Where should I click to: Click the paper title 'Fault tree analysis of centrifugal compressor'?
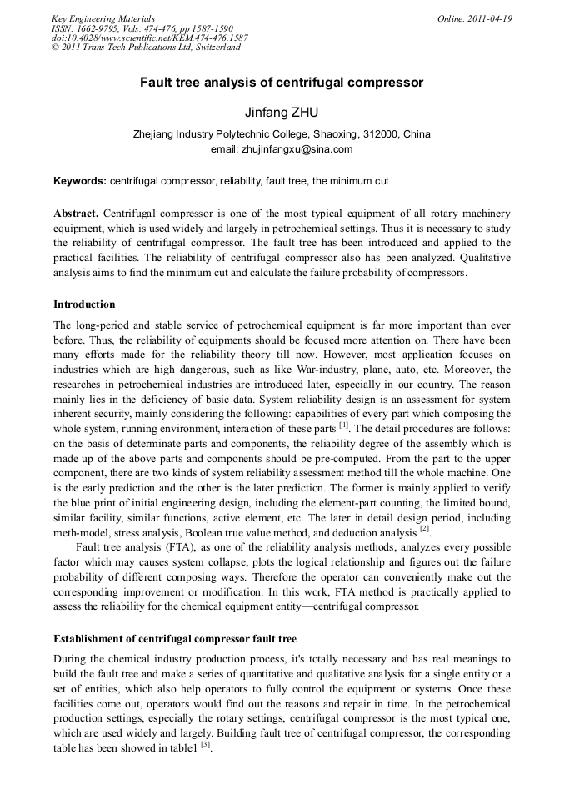tap(282, 83)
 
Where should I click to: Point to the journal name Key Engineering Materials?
tap(103, 18)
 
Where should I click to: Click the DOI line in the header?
tap(150, 38)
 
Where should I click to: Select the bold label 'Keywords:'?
tap(80, 180)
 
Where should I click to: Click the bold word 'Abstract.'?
tap(76, 213)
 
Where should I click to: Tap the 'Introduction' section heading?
tap(84, 304)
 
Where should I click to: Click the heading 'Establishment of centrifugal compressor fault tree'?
tap(175, 640)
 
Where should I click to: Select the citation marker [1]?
tap(344, 425)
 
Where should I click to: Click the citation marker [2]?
tap(424, 528)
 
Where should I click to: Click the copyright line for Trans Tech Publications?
tap(146, 48)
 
